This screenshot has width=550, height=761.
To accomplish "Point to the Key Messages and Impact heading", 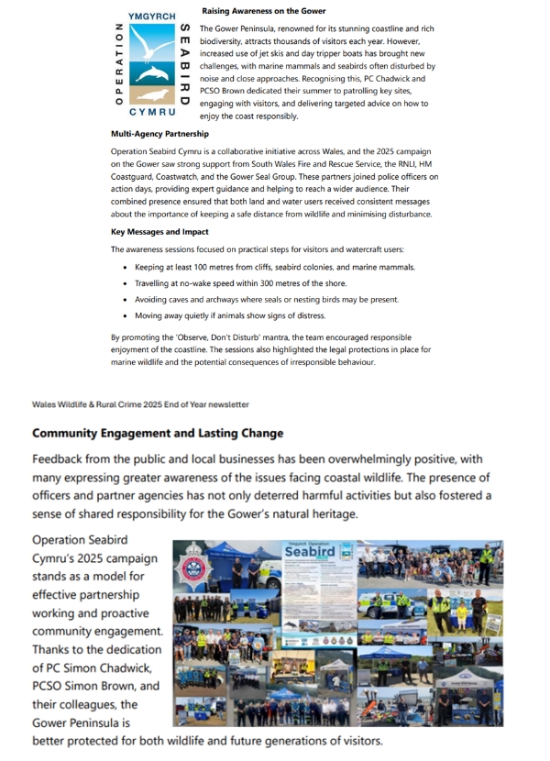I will click(x=159, y=232).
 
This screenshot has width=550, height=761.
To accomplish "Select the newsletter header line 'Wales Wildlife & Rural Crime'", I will click(x=139, y=404).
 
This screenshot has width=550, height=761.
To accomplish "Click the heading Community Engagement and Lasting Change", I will click(x=158, y=433).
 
